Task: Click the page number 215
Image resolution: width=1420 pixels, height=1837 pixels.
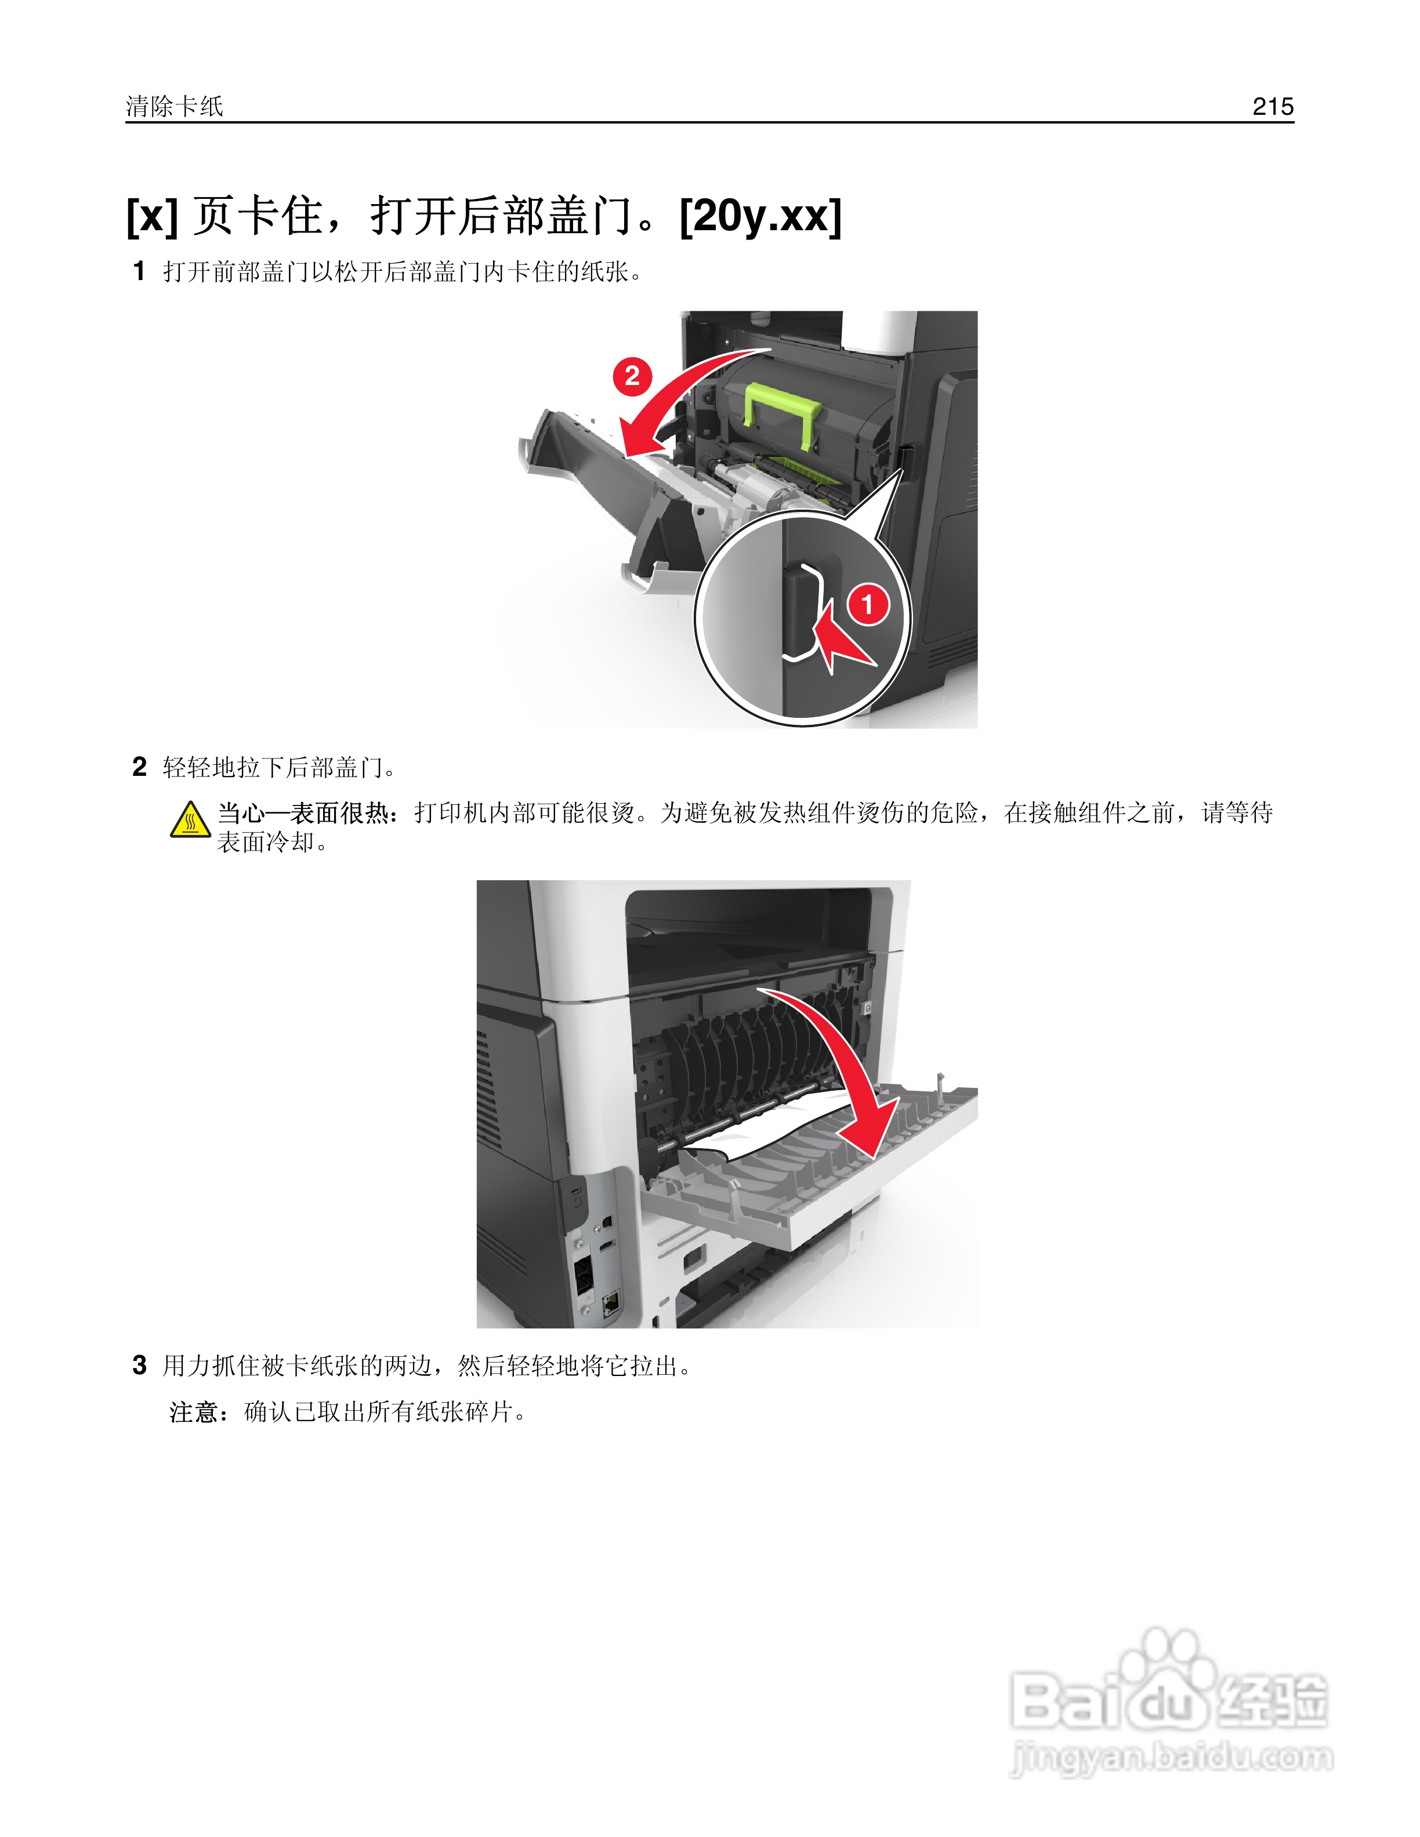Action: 1272,106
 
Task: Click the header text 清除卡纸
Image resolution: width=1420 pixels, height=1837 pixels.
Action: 174,106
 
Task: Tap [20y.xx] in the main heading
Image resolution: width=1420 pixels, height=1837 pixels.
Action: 760,216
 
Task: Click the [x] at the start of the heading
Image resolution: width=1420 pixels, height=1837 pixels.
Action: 151,216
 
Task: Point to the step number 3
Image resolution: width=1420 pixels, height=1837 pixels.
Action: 140,1364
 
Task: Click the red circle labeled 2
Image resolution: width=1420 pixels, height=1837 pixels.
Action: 632,376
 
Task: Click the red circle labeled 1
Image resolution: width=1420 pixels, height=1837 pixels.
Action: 867,604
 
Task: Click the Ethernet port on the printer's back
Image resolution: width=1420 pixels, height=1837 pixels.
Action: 611,1303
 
